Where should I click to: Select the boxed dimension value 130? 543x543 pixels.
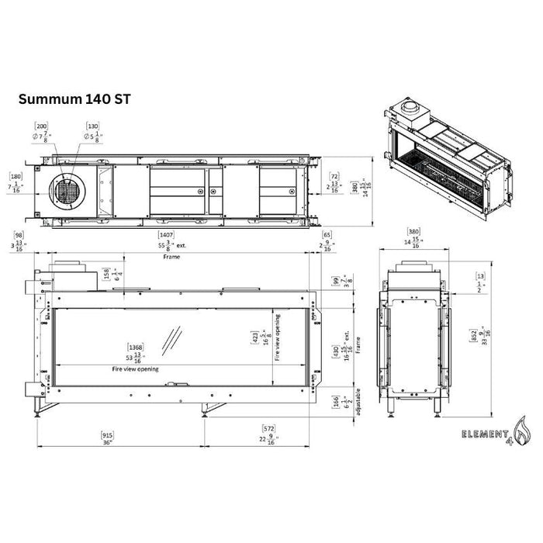pos(94,125)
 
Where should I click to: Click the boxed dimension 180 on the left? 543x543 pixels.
pos(15,175)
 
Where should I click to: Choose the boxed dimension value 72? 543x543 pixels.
pos(334,176)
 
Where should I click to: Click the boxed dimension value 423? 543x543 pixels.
pos(255,337)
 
